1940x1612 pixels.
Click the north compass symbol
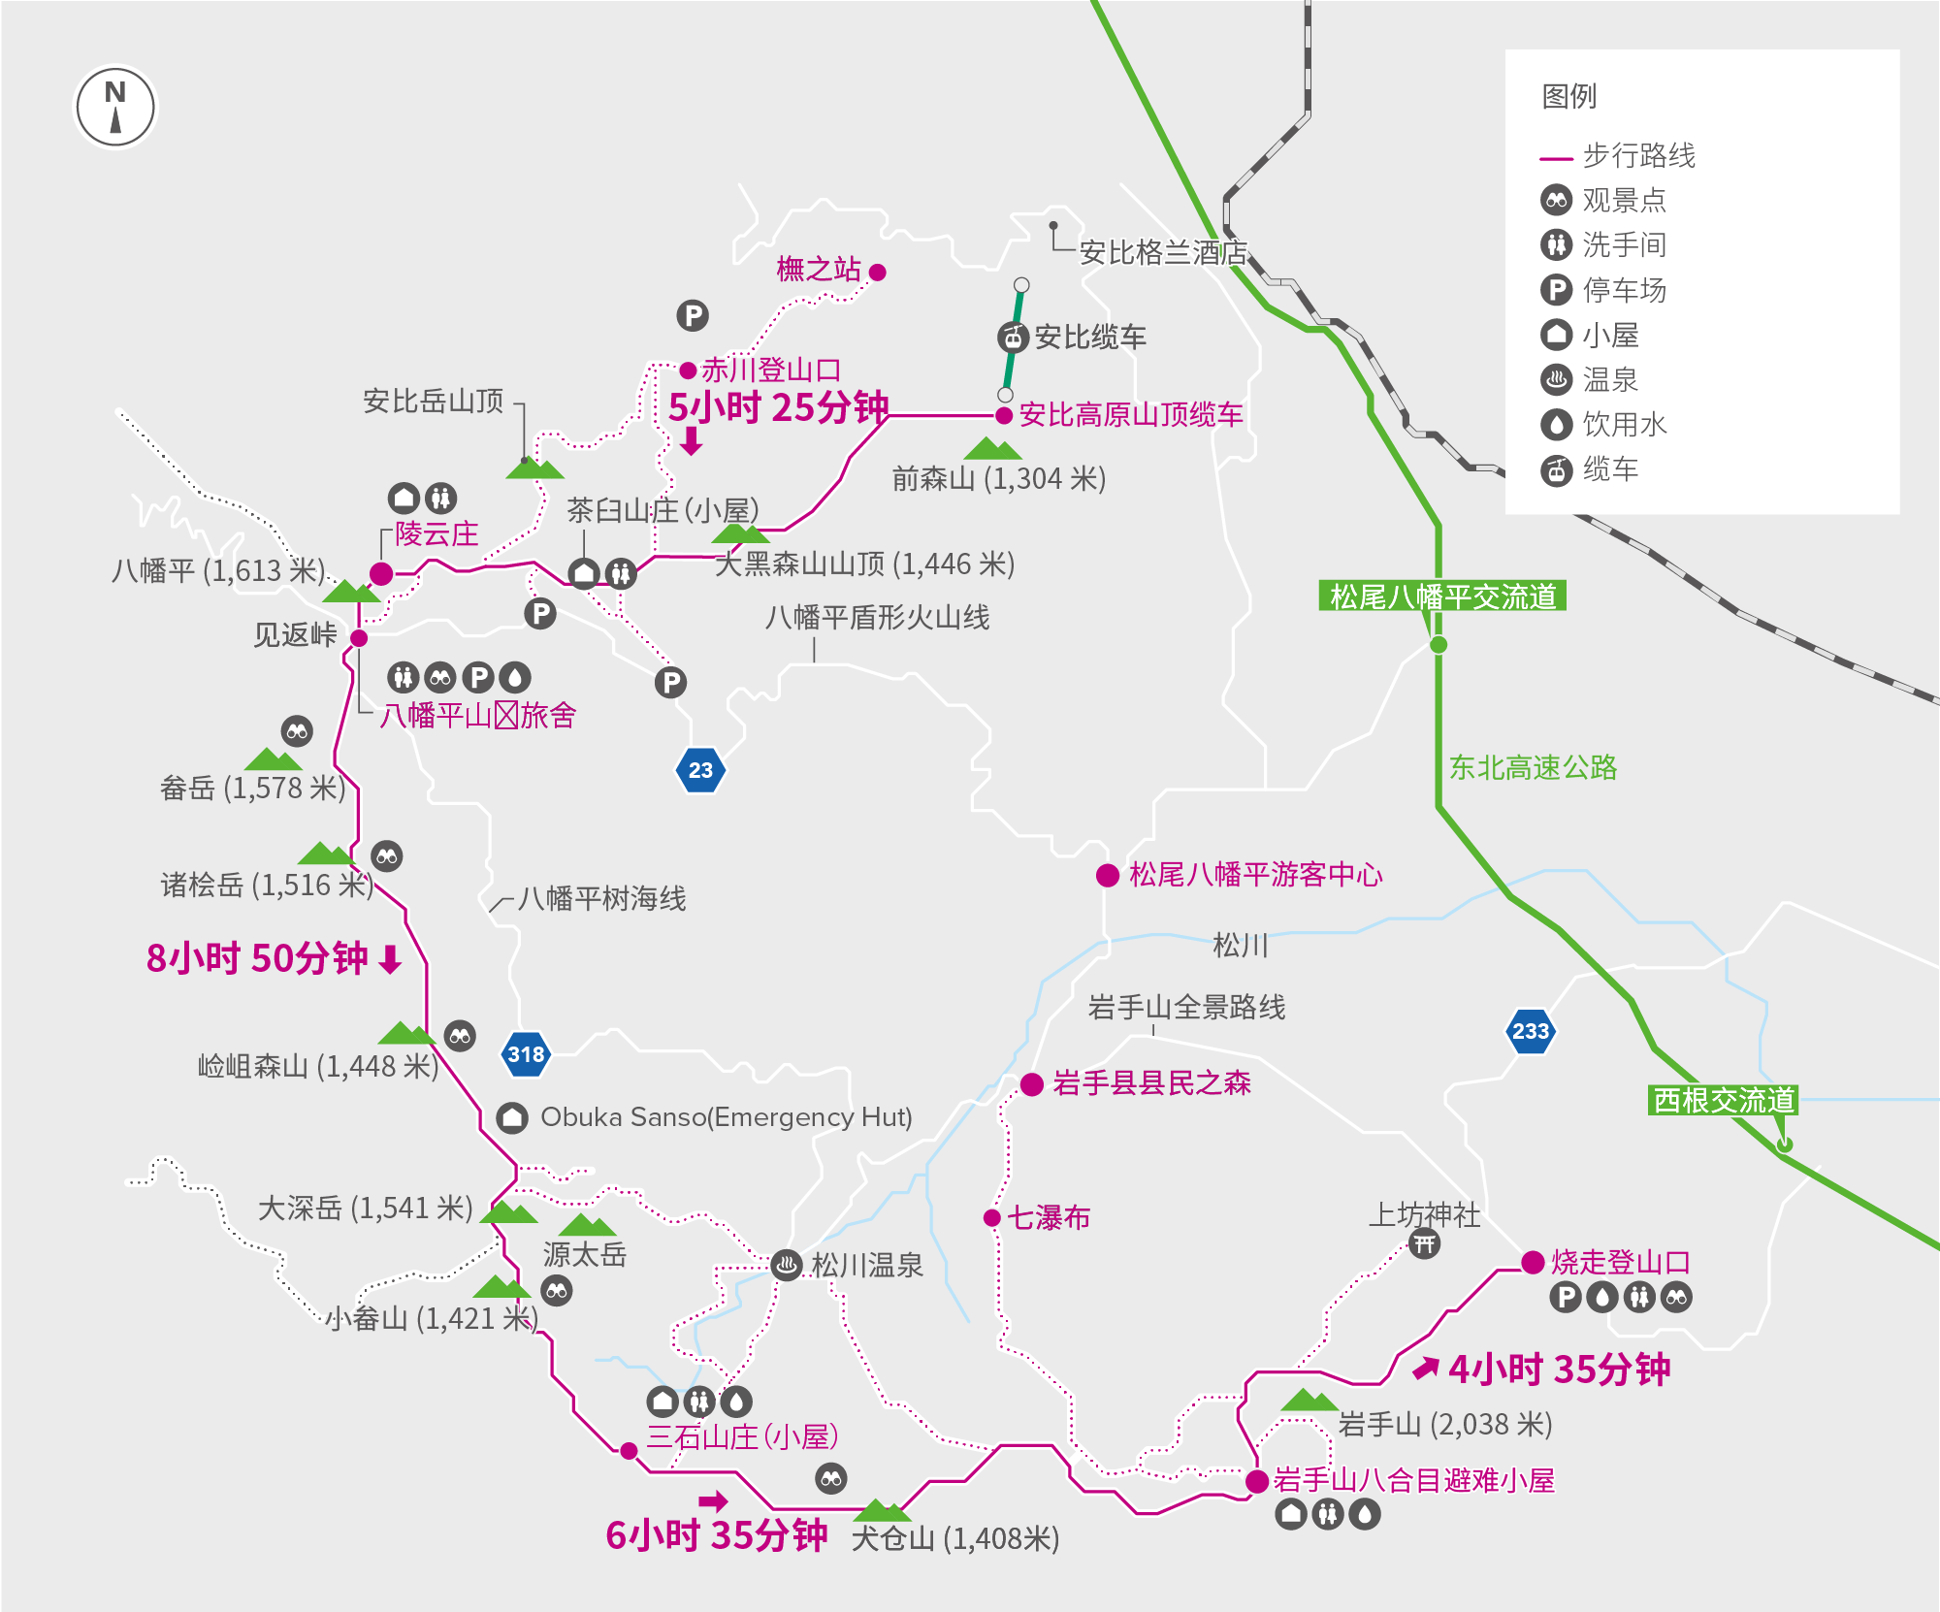coord(115,107)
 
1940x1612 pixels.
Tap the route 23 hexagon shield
coord(700,770)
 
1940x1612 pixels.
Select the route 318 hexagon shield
coord(526,1054)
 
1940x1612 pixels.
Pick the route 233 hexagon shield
coord(1531,1031)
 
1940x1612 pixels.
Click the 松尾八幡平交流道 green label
coord(1442,596)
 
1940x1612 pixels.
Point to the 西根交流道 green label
coord(1724,1100)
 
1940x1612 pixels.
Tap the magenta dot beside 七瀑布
coord(992,1218)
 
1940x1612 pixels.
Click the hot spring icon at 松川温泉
coord(787,1265)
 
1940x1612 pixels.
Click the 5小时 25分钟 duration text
coord(778,407)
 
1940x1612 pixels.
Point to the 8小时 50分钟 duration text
coord(257,958)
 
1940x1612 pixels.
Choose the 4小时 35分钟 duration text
coord(1559,1370)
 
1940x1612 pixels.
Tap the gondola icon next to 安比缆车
coord(1013,338)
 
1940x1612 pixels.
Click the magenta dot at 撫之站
coord(878,273)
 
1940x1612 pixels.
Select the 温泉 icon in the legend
coord(1556,379)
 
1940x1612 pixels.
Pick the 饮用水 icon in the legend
coord(1556,424)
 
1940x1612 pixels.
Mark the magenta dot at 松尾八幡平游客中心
coord(1108,875)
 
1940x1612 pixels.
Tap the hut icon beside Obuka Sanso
coord(512,1117)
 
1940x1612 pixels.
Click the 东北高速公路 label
coord(1533,767)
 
